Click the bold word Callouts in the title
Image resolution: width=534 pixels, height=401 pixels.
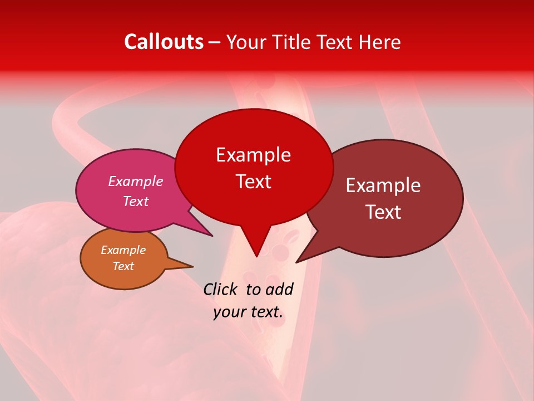coord(164,42)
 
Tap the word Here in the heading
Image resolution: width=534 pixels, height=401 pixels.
coord(380,42)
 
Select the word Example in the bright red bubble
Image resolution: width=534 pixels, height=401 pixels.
coord(253,154)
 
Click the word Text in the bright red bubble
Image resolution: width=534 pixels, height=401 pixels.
coord(253,181)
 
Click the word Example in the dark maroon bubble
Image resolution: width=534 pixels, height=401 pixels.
coord(383,185)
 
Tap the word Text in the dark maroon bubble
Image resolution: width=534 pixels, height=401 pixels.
coord(383,212)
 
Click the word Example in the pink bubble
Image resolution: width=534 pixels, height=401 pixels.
coord(135,181)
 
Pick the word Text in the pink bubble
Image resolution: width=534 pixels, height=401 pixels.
coord(135,201)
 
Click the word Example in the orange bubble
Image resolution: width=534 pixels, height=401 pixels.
coord(123,250)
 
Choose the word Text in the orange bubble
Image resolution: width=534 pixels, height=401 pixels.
coord(123,266)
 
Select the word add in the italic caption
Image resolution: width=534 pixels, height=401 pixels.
coord(279,289)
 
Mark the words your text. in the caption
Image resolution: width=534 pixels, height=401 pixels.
coord(248,312)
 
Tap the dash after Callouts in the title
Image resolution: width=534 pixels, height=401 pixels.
coord(215,42)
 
